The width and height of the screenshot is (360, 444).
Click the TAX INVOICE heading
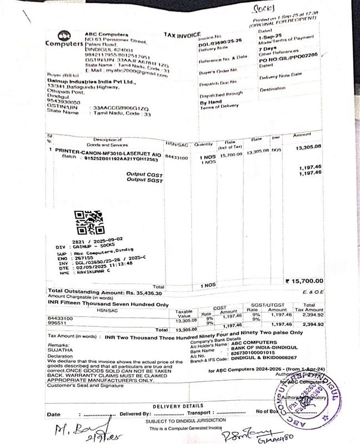tap(182, 34)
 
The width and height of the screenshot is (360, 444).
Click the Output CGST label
tap(143, 174)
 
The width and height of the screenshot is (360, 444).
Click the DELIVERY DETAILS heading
tap(178, 406)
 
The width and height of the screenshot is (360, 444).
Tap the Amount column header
tap(302, 135)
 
